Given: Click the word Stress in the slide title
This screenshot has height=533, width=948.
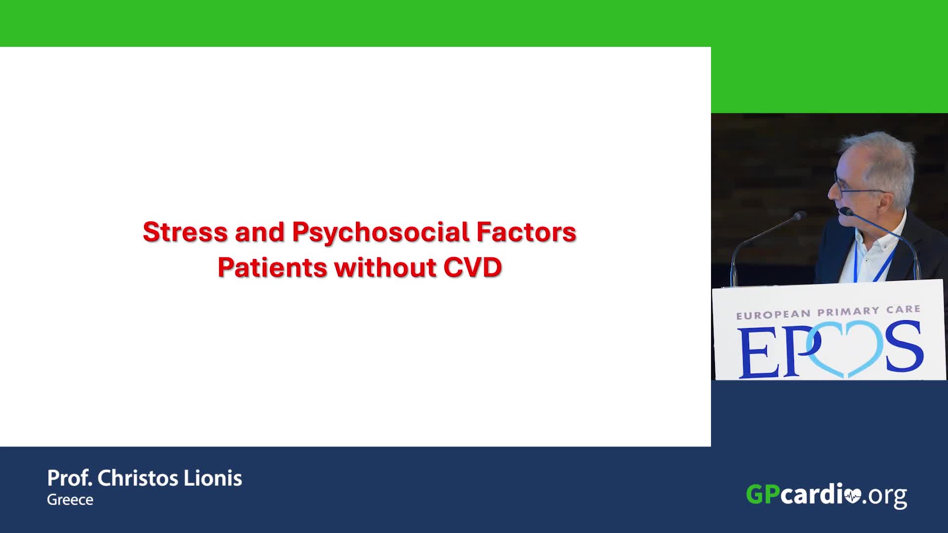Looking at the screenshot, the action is [185, 232].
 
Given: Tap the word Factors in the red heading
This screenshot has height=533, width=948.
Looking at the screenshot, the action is [526, 232].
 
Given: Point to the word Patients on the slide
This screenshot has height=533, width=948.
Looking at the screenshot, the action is [272, 267].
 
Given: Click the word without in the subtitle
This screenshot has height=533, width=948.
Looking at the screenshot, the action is [385, 267].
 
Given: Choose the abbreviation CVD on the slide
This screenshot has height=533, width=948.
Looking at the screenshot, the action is [473, 267].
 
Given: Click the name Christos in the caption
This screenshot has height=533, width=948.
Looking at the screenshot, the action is [137, 478].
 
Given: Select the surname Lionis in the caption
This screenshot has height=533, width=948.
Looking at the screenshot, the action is [213, 478].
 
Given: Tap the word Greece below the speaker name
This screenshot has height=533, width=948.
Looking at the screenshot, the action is [70, 499].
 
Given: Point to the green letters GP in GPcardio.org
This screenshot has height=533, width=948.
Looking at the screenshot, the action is [763, 494].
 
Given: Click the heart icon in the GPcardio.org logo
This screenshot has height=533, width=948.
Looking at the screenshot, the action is [853, 495].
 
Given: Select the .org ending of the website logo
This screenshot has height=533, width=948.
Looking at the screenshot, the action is [885, 496].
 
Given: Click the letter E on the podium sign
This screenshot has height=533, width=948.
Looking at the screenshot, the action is [755, 353].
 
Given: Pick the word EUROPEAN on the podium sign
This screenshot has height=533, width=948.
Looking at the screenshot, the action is [773, 314].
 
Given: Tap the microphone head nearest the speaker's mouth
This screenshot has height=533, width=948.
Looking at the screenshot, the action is [846, 212].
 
